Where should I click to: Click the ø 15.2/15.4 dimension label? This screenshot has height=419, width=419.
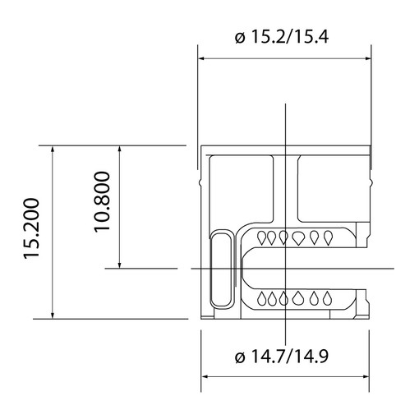[x=282, y=37]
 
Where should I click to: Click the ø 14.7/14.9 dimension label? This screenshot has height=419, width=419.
[x=282, y=357]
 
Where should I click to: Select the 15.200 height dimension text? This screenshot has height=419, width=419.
[x=32, y=228]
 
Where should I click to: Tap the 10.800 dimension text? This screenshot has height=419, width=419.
[x=103, y=202]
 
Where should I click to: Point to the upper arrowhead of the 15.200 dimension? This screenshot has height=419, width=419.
[x=53, y=150]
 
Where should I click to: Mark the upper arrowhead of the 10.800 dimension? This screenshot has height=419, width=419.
[x=119, y=150]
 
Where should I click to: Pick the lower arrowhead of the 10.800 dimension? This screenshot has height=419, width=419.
[x=119, y=265]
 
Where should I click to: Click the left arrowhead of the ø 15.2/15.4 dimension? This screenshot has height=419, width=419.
[x=202, y=58]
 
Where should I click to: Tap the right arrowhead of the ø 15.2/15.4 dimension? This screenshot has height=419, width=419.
[x=367, y=58]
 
